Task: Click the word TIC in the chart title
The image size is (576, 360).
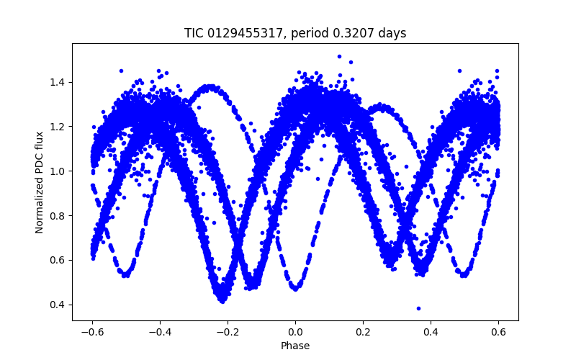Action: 194,33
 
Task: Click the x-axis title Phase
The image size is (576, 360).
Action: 295,346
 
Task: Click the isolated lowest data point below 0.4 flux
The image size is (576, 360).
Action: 418,308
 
